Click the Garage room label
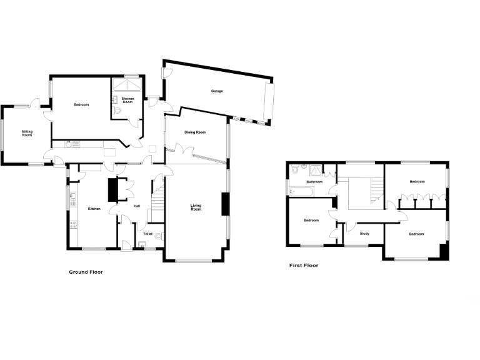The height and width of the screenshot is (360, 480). click(217, 91)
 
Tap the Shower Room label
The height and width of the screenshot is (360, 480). click(127, 100)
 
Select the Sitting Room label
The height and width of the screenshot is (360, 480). click(27, 133)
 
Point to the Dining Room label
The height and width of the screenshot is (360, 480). click(195, 132)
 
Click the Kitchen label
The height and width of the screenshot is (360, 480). click(94, 209)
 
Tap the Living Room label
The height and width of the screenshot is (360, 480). click(196, 207)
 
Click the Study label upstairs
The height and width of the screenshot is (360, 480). click(364, 234)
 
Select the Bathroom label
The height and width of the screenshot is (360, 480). click(314, 182)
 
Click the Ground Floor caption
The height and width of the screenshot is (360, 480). click(86, 272)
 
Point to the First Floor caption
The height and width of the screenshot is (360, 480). click(304, 266)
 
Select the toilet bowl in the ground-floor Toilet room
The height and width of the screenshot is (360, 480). click(160, 235)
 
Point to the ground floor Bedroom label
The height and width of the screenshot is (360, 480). click(81, 105)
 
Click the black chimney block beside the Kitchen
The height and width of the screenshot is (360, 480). click(112, 190)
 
